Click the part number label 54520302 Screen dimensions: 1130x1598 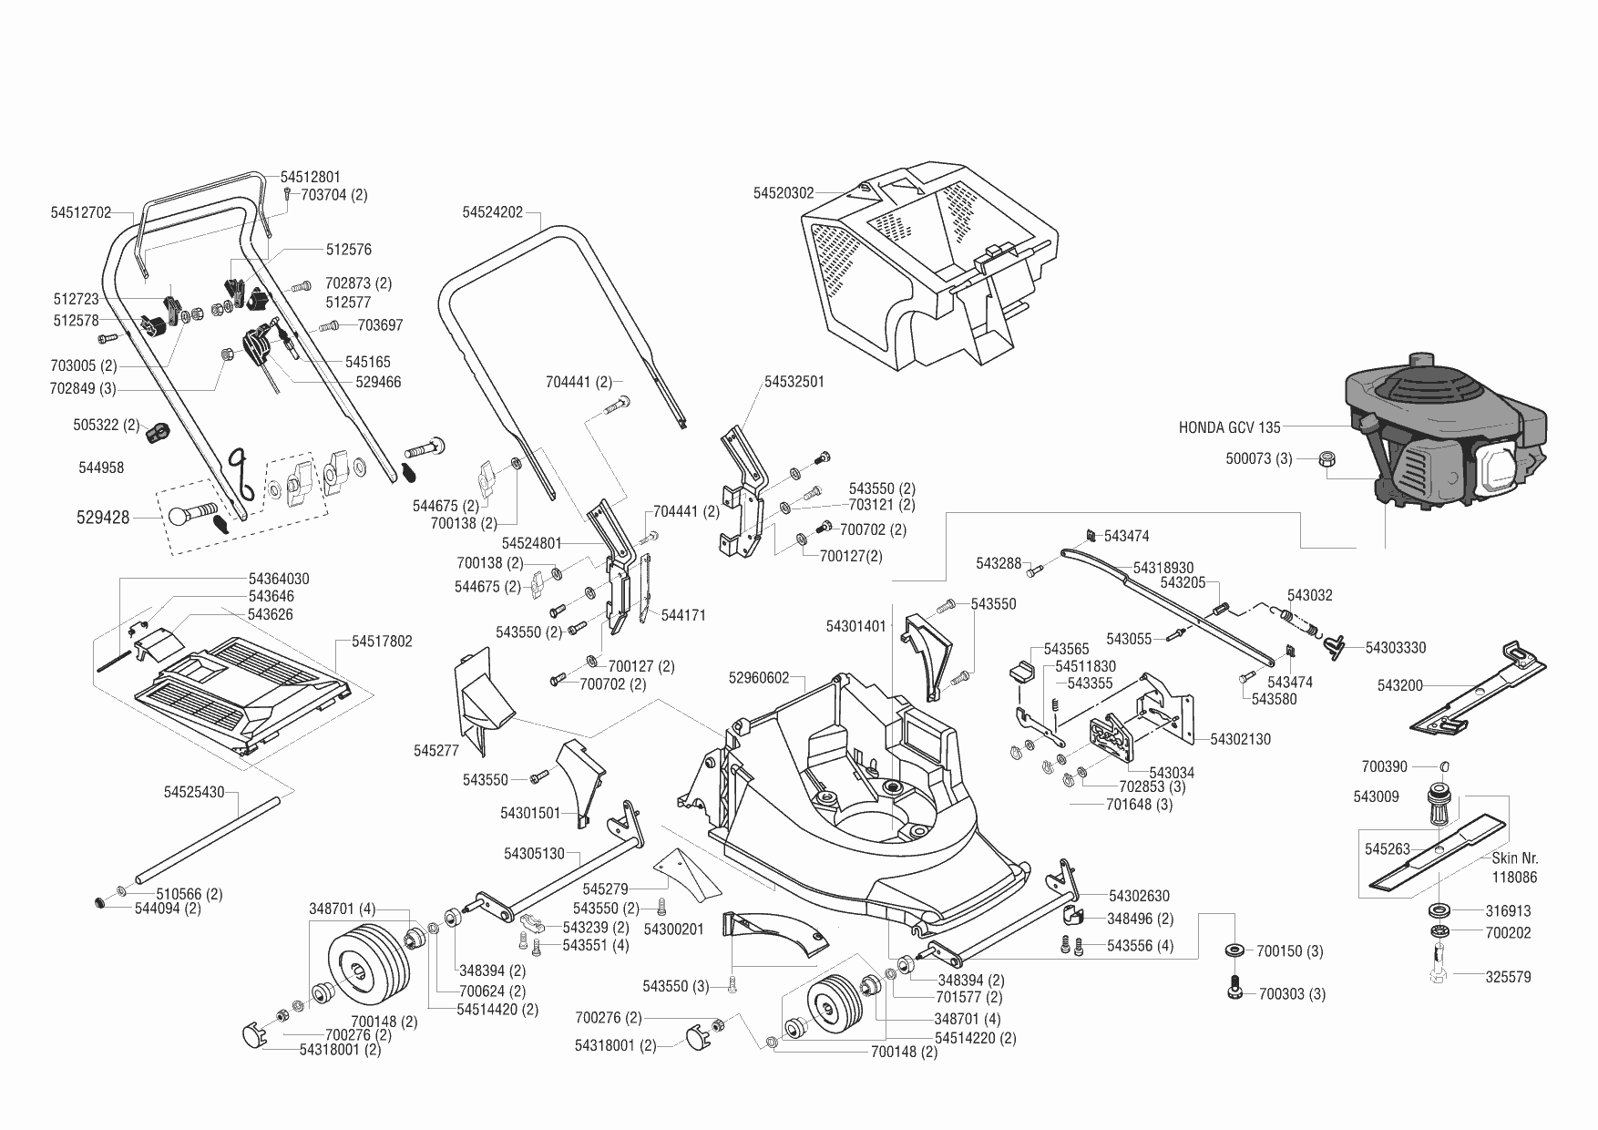784,193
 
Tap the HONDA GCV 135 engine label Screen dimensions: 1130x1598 1229,426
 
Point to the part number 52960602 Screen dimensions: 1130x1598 759,678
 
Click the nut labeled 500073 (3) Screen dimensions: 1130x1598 1327,459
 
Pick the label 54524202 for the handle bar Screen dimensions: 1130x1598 492,212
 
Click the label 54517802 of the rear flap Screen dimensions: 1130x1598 382,642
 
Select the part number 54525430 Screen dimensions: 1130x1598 194,793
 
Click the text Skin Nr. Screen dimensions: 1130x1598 1515,858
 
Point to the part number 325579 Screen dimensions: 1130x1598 1508,977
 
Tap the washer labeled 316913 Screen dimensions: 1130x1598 1440,910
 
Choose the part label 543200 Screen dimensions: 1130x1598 1400,685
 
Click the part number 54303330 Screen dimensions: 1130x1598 1396,648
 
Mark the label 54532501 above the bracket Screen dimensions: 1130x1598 794,382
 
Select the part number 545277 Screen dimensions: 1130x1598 436,750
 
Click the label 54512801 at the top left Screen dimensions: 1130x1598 311,177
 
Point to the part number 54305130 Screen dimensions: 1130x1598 534,854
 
